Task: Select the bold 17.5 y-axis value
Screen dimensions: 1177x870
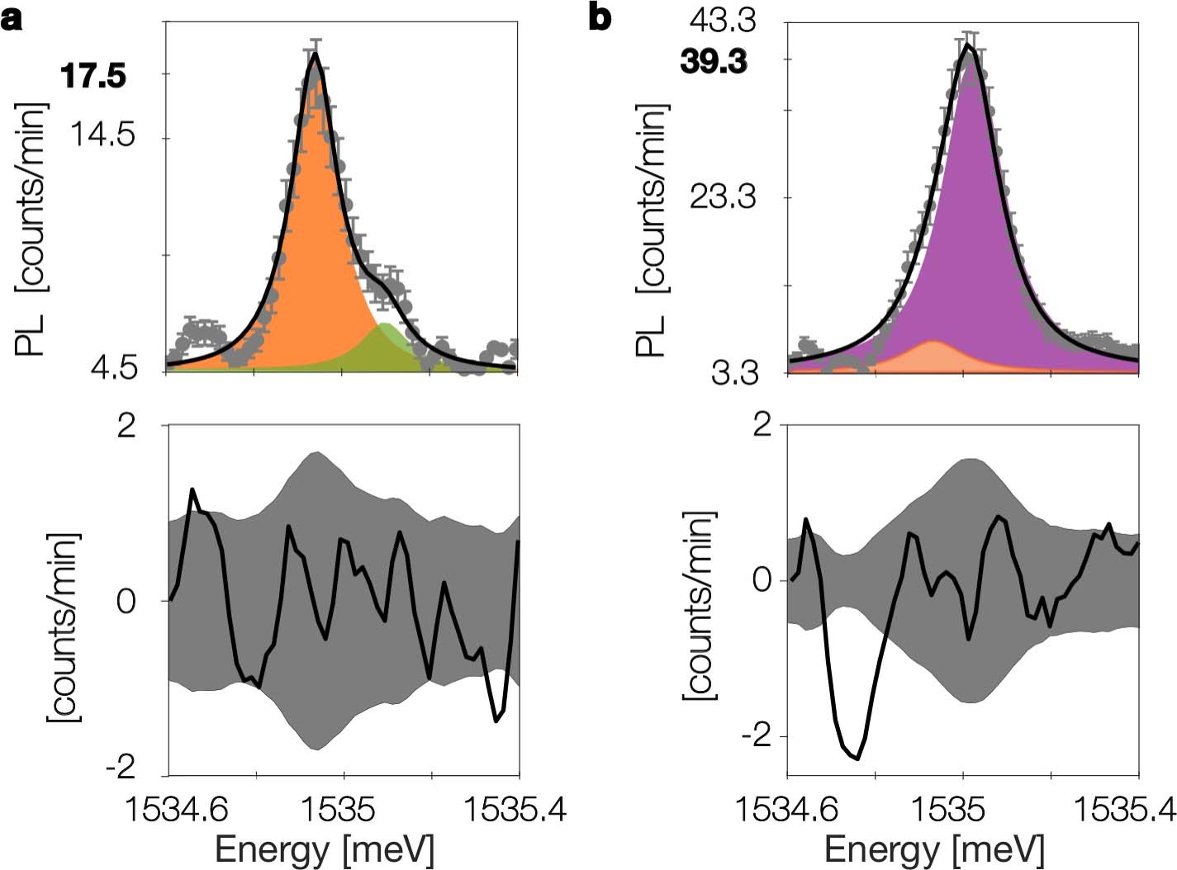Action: [x=93, y=77]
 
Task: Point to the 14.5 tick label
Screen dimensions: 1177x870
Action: [x=102, y=135]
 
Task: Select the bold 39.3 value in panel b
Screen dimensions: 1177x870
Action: [x=714, y=62]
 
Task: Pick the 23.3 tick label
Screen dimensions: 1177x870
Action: [x=723, y=197]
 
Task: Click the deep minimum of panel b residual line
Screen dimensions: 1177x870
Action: [x=858, y=758]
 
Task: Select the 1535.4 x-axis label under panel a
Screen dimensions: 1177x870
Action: [x=515, y=811]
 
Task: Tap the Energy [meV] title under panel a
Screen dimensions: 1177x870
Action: [x=324, y=849]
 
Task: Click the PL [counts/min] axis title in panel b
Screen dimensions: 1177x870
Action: [x=653, y=231]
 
